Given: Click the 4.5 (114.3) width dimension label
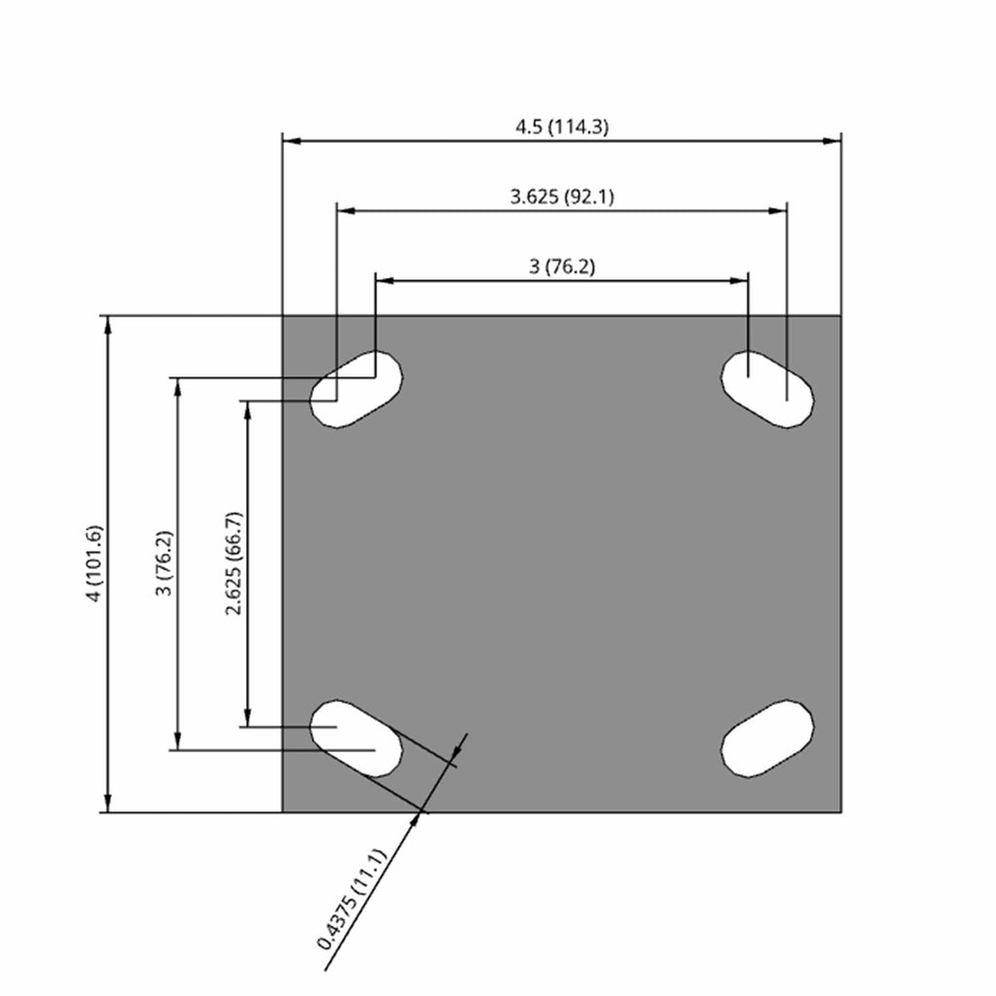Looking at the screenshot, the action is [561, 127].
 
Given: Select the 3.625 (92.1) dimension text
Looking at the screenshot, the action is [562, 196].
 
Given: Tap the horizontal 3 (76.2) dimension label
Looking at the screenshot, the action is [562, 267].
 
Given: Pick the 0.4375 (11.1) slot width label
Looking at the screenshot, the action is [351, 899].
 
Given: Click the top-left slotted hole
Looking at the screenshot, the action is [356, 389].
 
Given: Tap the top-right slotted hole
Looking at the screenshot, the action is [767, 389].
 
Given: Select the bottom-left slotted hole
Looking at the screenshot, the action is [356, 738].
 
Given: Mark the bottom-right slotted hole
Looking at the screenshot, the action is [767, 738].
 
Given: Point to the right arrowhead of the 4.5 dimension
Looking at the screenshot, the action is [833, 140].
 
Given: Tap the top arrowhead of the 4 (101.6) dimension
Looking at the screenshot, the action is [109, 325].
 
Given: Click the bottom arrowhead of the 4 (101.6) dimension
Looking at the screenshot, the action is [109, 802].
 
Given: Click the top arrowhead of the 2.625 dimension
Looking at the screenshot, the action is [248, 410].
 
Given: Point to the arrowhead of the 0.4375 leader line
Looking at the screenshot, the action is [416, 819].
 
